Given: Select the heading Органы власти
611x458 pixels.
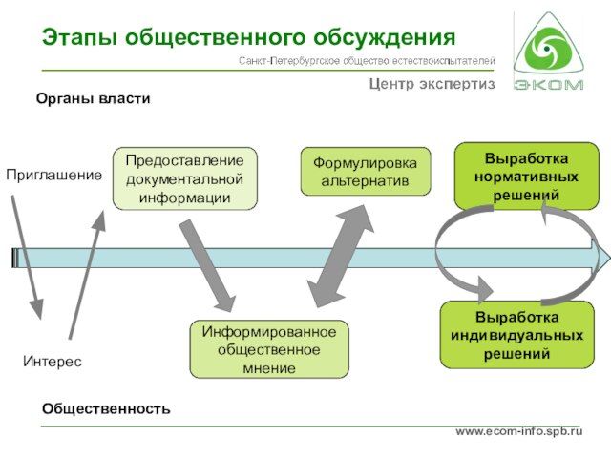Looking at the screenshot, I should pos(94,98).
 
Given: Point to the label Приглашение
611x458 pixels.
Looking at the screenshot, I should pos(53,176).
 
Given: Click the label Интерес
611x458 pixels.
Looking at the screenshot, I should pos(53,362).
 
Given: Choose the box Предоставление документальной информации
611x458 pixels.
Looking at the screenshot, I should pos(184,178).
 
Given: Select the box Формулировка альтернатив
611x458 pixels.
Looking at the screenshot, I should pos(365,172).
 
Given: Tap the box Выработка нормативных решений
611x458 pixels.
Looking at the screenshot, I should pos(525,177).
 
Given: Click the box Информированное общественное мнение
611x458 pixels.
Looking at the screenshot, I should pos(269,349).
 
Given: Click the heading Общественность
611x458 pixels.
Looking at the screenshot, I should pos(106,408).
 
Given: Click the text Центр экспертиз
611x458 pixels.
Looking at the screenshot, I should pos(432,84).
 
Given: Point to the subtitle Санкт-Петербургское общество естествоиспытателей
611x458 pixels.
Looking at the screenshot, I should pos(366,62).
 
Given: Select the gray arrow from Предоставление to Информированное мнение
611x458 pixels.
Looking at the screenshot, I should pos(207,265).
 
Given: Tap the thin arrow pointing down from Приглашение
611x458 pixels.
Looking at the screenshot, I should pos(27,256).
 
